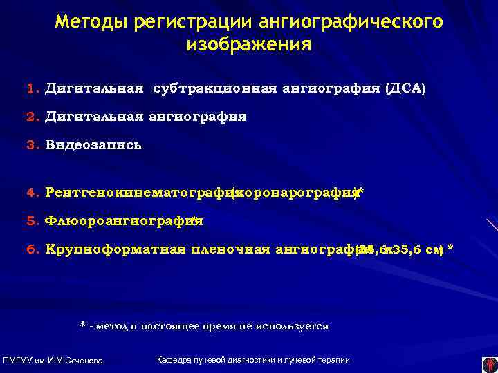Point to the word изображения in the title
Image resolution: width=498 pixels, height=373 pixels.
point(249,45)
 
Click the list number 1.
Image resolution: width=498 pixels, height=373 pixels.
point(31,89)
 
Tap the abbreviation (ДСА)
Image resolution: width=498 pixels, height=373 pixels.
point(405,89)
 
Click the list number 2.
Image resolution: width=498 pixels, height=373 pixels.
point(31,117)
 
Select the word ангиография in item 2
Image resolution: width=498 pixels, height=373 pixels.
point(196,117)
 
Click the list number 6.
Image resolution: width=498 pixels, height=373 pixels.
point(31,249)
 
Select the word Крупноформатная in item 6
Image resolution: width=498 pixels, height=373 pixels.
point(115,249)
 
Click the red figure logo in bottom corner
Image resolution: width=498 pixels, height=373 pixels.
point(489,361)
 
